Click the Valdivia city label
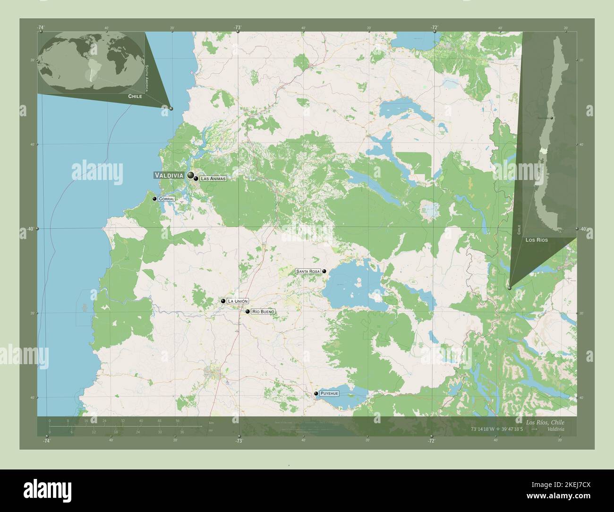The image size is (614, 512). [x=169, y=175]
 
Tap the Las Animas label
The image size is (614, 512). [x=213, y=179]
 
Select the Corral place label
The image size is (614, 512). [x=167, y=199]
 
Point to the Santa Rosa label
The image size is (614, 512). [x=308, y=272]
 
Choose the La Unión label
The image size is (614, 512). [x=237, y=301]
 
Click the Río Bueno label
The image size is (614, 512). [x=263, y=312]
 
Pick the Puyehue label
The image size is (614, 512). [x=329, y=393]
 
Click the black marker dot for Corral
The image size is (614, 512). [x=154, y=199]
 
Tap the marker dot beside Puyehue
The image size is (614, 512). [x=316, y=393]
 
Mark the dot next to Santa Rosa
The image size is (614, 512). [x=324, y=272]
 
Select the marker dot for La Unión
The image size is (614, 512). [x=223, y=301]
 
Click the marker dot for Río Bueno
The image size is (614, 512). [x=247, y=312]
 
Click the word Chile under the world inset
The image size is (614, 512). [x=135, y=96]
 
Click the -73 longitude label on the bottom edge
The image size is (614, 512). [x=239, y=441]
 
